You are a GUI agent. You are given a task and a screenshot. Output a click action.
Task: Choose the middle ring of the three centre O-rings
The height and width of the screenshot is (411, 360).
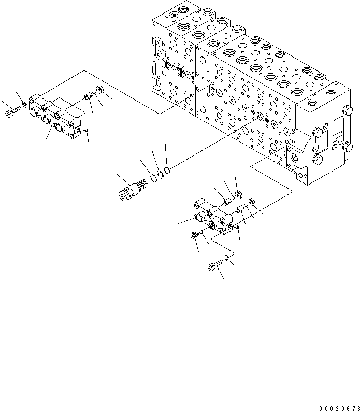click(x=161, y=174)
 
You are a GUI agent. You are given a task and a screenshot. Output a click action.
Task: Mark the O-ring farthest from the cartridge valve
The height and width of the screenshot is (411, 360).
click(x=168, y=169)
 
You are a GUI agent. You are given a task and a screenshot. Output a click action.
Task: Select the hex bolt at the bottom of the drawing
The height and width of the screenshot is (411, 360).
click(x=213, y=267)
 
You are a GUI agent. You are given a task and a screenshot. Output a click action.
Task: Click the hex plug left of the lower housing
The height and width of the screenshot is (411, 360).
click(x=194, y=235)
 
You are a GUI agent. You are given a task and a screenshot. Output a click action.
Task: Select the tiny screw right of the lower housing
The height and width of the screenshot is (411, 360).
click(x=237, y=226)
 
